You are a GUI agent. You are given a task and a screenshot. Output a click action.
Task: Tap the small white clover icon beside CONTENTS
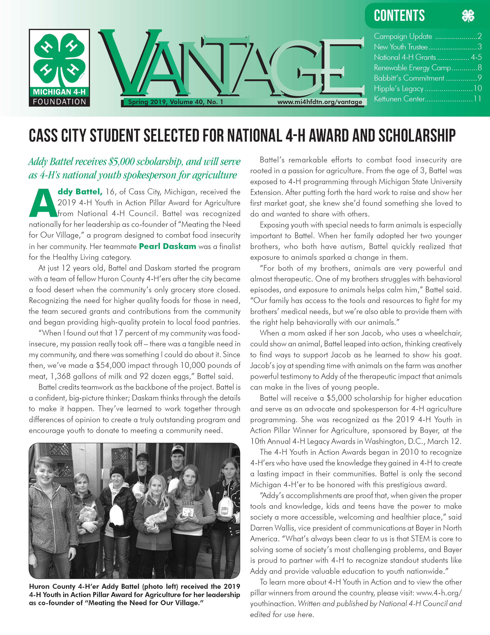(468, 16)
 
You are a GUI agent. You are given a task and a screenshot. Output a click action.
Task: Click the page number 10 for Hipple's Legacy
(477, 88)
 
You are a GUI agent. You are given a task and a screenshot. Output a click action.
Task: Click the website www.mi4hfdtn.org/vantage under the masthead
(320, 102)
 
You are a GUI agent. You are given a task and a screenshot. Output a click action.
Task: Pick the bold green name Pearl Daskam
(168, 246)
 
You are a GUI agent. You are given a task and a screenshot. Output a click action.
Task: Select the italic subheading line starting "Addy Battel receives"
(134, 162)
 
